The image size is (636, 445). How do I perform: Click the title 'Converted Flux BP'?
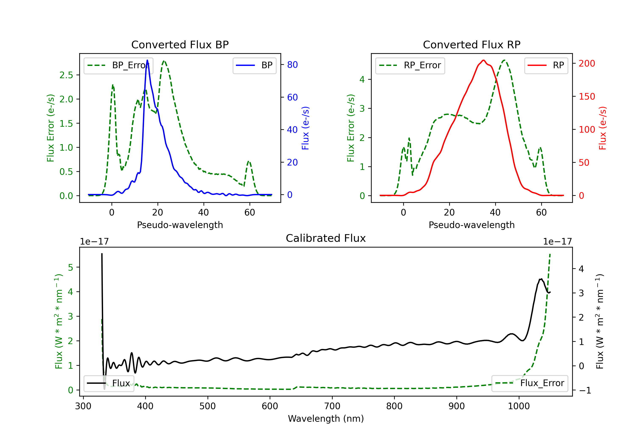[x=180, y=44]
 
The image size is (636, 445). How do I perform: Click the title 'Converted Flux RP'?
[x=471, y=44]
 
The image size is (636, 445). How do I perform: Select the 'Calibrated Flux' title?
[x=326, y=238]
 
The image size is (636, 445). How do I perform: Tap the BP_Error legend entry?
[x=118, y=65]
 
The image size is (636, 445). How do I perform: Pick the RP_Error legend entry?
[x=410, y=65]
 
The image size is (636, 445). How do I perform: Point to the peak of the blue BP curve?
[x=147, y=60]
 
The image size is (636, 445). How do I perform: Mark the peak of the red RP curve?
[x=483, y=60]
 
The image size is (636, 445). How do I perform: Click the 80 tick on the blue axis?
[x=292, y=65]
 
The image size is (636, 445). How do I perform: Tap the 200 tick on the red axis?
[x=587, y=63]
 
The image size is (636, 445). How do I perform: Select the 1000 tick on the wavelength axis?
[x=519, y=406]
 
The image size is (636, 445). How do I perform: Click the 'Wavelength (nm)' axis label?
[x=326, y=419]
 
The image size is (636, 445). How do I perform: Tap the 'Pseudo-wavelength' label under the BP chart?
[x=180, y=225]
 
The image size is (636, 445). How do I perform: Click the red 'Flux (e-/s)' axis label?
[x=602, y=128]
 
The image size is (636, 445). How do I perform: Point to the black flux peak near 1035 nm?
[x=541, y=279]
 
